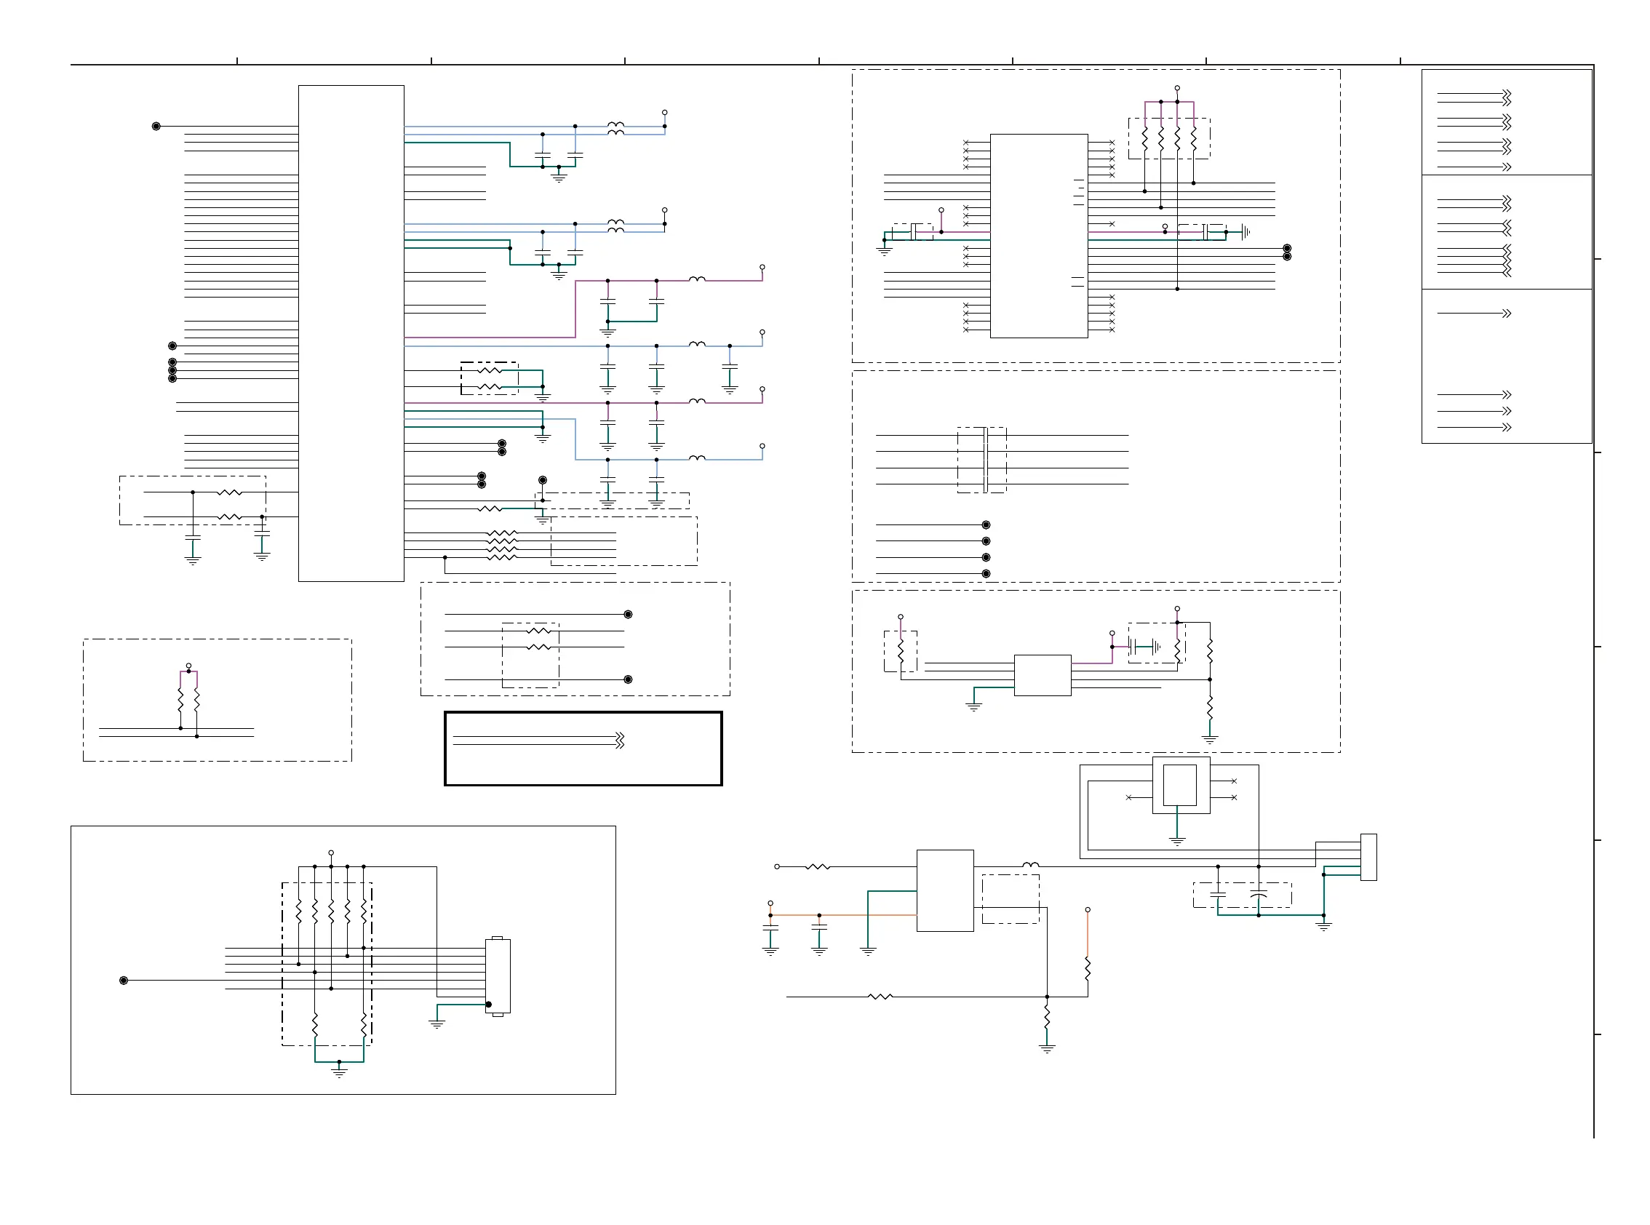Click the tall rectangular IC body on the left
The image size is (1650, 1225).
tap(351, 333)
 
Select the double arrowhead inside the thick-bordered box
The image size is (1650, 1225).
tap(620, 740)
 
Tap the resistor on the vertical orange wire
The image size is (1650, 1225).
tap(1087, 967)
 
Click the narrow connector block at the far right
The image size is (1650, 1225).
tap(1368, 856)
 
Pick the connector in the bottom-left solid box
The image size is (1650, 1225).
tap(498, 975)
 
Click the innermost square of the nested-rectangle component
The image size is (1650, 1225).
tap(1179, 784)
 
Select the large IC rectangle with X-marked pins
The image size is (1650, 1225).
tap(1038, 236)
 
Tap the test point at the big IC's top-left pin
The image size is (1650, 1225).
tap(156, 126)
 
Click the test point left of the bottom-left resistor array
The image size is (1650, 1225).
tap(124, 981)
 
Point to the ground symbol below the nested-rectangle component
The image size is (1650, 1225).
tap(1177, 842)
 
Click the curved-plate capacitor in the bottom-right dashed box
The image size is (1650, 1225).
tap(1259, 895)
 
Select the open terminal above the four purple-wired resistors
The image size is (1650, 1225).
tap(1177, 88)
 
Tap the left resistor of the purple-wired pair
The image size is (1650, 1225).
tap(180, 699)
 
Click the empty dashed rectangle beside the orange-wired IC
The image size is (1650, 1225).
tap(1010, 898)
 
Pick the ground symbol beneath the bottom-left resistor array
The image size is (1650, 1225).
tap(339, 1072)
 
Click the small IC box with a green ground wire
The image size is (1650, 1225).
tap(1042, 675)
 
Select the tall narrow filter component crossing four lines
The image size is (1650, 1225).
tap(985, 460)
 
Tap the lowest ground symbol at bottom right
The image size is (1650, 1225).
tap(1046, 1048)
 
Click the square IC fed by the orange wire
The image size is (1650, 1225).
tap(945, 890)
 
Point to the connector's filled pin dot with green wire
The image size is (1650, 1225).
tap(489, 1004)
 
